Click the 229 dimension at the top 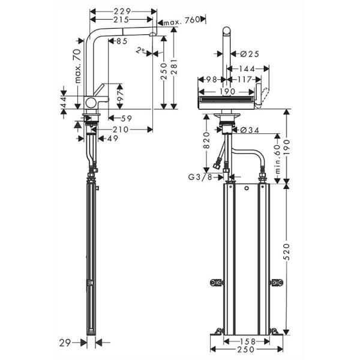pos(124,11)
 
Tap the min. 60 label pos(277,157)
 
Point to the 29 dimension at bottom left pos(66,343)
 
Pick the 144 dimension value pos(248,68)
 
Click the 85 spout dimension pos(121,41)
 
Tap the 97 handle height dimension pos(119,95)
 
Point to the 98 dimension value pos(211,79)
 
